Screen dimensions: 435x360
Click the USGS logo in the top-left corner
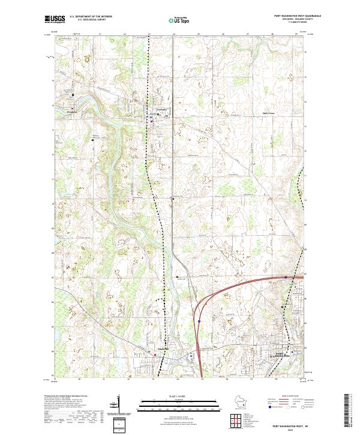(54, 19)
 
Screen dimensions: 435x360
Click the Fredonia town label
(158, 109)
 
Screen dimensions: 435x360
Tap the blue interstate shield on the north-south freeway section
(199, 322)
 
